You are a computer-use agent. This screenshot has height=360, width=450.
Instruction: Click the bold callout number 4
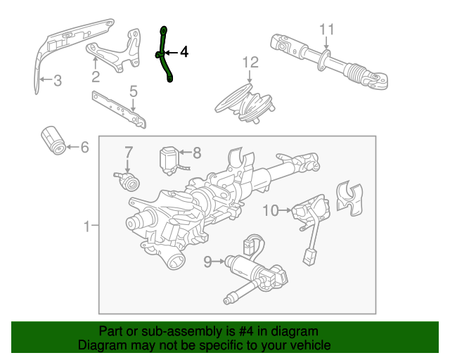(184, 52)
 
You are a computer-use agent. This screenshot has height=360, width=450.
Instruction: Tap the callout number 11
(327, 30)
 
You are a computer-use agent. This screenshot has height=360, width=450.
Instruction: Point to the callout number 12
(250, 63)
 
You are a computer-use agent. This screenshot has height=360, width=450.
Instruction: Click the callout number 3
(58, 80)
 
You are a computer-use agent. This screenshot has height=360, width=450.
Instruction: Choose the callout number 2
(96, 77)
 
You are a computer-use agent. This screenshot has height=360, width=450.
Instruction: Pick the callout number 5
(134, 91)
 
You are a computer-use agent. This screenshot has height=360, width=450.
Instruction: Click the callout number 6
(84, 147)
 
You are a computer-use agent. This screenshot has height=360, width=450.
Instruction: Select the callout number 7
(129, 152)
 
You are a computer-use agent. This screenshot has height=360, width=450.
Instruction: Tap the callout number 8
(197, 153)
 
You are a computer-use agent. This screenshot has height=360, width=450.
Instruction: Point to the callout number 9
(208, 262)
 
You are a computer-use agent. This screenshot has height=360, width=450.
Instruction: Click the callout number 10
(271, 210)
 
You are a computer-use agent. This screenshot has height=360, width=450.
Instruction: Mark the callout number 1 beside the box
(87, 226)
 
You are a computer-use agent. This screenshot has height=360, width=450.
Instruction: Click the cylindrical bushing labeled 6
(53, 140)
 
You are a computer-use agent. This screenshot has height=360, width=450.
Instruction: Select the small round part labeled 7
(128, 181)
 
